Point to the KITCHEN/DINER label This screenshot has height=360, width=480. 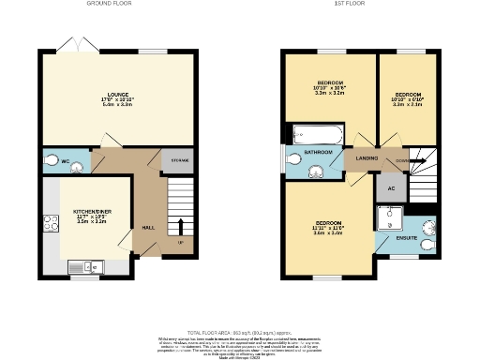click(x=93, y=212)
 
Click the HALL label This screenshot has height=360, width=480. click(x=148, y=227)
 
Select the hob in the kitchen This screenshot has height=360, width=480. click(x=48, y=224)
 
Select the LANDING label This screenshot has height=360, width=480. click(x=362, y=158)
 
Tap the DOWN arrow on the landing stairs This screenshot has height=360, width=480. click(x=402, y=160)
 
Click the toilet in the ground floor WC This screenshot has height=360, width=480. click(x=71, y=161)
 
